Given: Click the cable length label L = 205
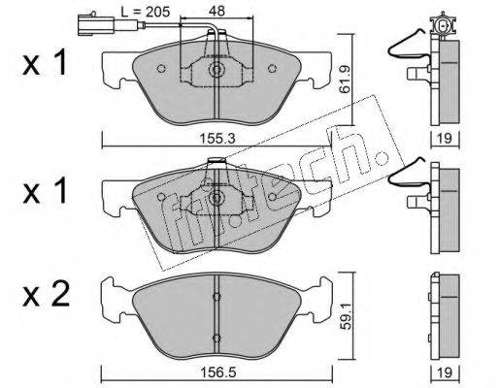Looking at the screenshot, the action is [x=146, y=12].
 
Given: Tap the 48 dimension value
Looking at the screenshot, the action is [x=216, y=11].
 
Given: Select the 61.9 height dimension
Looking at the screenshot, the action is [x=346, y=80].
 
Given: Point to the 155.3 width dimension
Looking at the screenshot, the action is [x=216, y=140].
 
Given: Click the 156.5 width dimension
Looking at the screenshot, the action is [x=217, y=372].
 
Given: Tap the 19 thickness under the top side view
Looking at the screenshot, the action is [x=445, y=139].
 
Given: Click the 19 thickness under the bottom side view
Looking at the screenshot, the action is [x=446, y=372].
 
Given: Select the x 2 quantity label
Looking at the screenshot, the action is [x=46, y=296].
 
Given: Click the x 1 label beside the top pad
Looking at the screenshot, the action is [x=45, y=63].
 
